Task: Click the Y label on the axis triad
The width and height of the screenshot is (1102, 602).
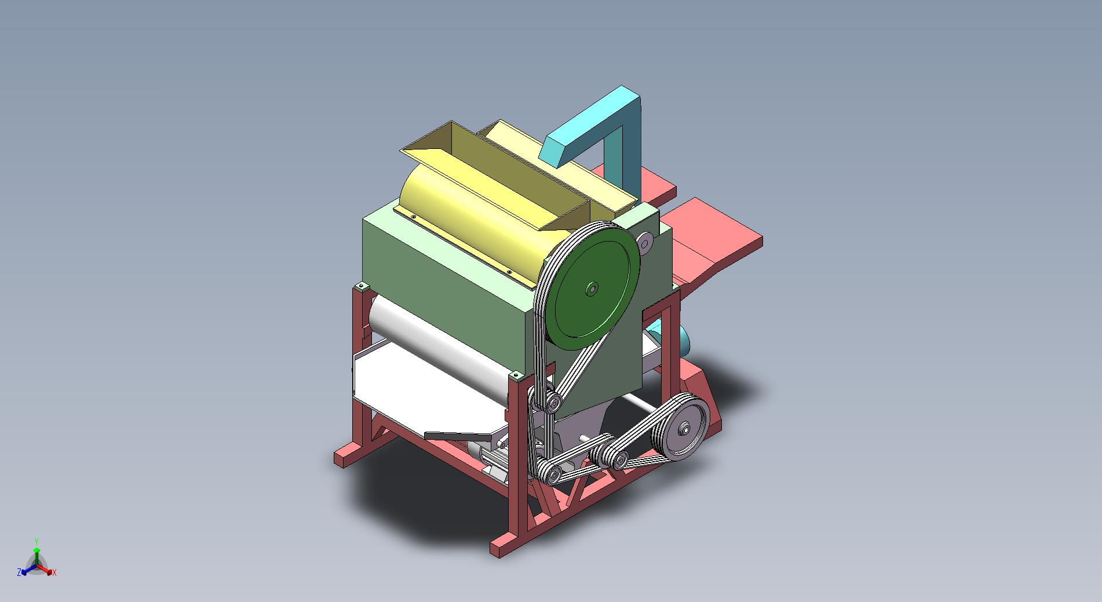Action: [37, 541]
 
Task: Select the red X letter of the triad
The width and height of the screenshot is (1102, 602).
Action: [54, 572]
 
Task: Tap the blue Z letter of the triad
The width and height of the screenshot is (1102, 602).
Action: [19, 572]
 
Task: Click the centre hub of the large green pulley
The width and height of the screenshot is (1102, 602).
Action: [592, 289]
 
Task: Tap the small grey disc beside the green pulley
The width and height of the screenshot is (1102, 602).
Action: [644, 242]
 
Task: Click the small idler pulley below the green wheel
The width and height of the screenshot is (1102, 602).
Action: [553, 402]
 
